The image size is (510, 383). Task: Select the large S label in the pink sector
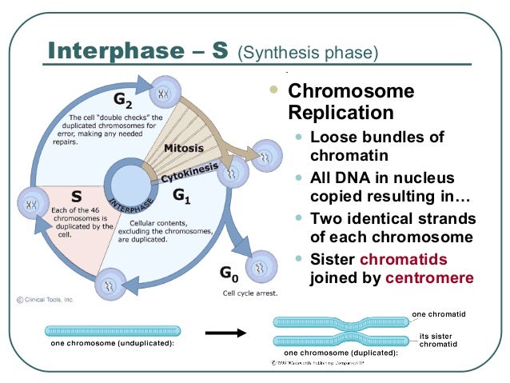pos(78,195)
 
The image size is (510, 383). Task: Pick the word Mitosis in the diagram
pos(183,149)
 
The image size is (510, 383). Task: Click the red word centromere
pos(429,278)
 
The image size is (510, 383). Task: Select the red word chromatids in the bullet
pos(403,259)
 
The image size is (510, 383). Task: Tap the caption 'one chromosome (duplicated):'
pos(341,353)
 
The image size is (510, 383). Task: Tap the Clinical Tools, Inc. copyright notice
pos(46,299)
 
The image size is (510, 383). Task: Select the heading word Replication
pos(341,113)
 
